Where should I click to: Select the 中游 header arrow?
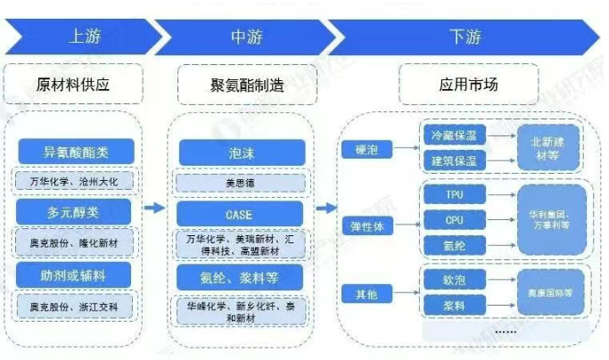click(x=245, y=36)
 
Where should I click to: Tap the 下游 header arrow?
click(x=464, y=36)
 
